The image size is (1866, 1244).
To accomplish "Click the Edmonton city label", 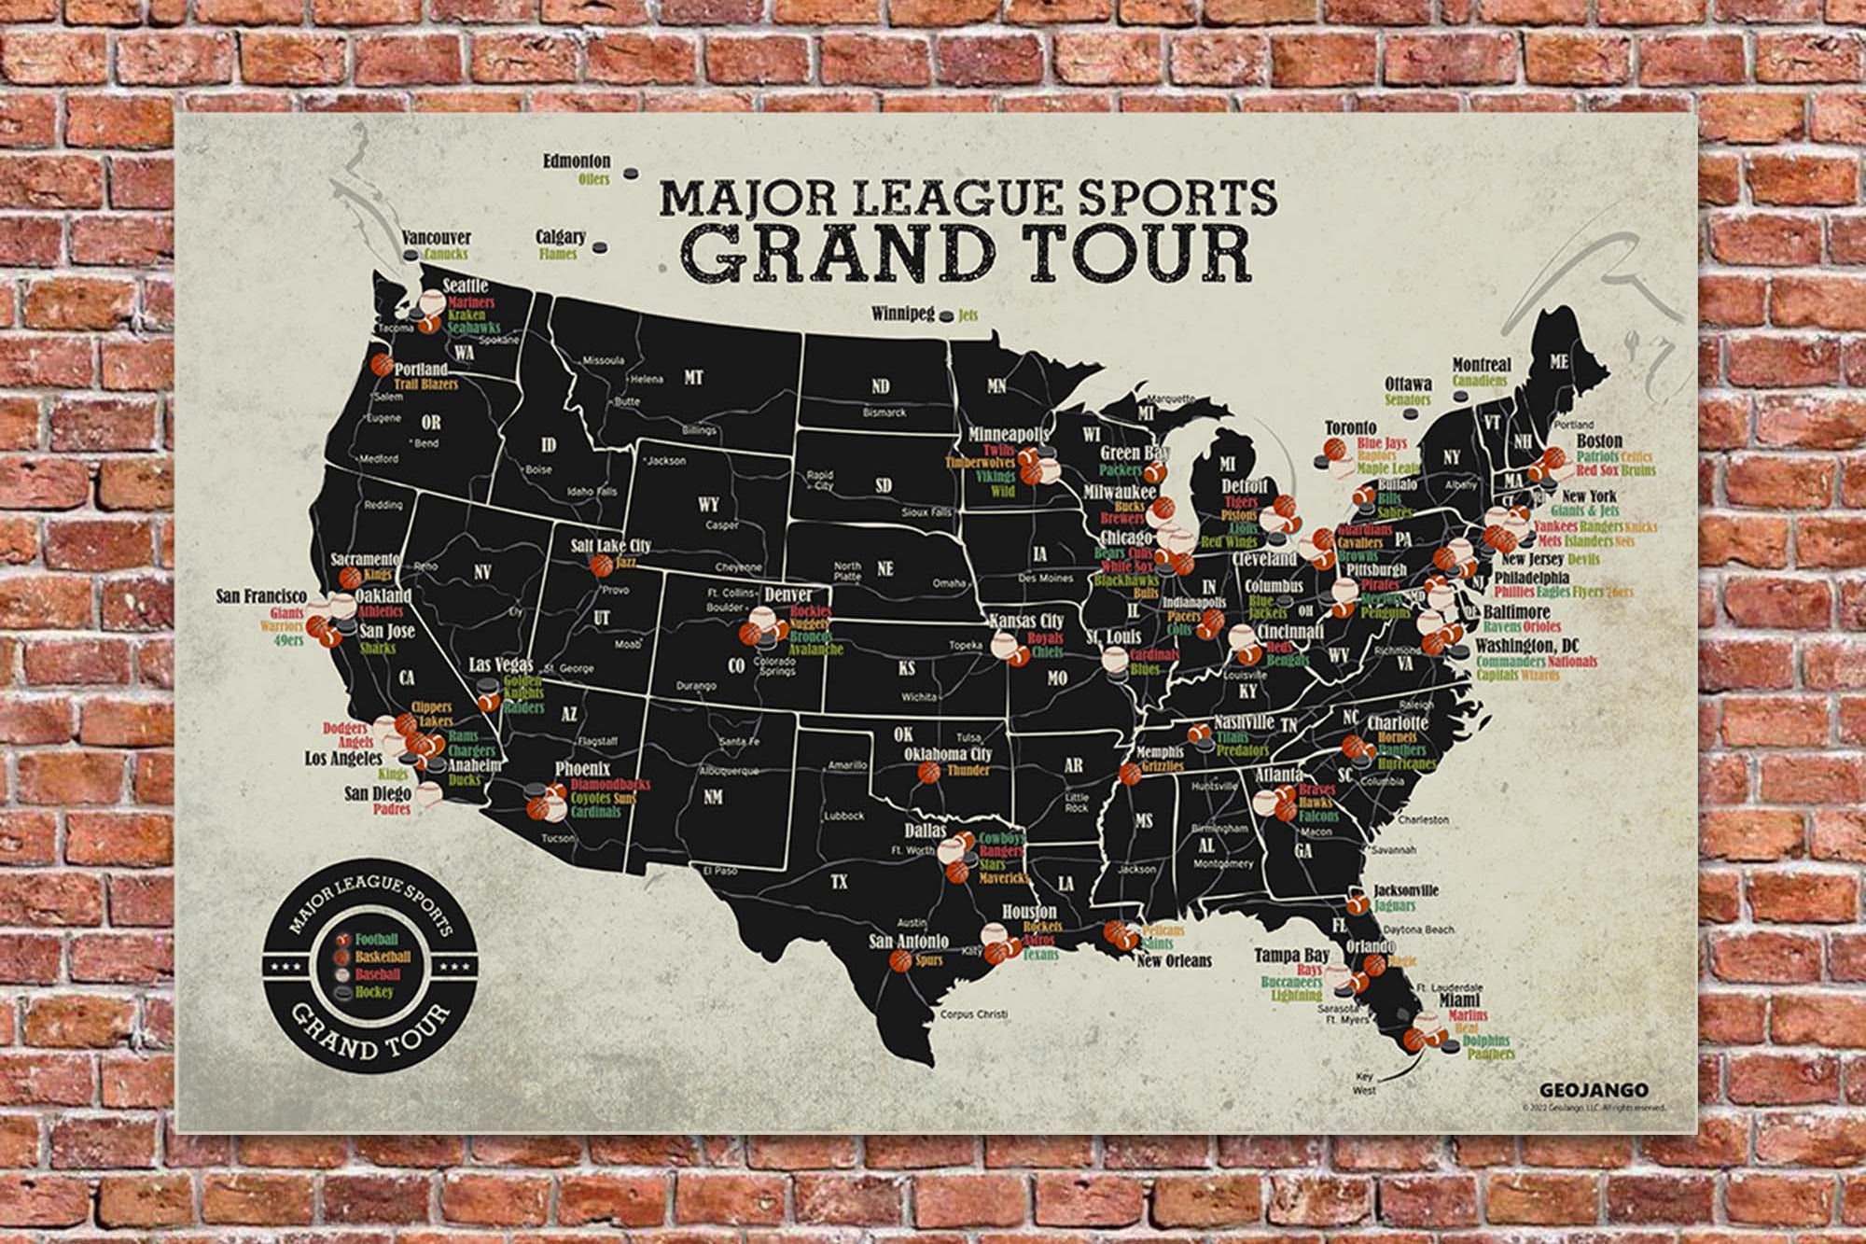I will (577, 161).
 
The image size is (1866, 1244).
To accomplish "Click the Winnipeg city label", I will (902, 314).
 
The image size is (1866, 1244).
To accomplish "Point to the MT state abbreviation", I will (692, 378).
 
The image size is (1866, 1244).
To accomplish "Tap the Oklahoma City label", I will (947, 754).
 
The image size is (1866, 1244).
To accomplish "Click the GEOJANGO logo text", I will (1594, 1090).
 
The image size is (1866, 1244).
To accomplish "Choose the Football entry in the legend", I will (376, 940).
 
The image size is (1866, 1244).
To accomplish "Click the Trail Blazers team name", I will (425, 384).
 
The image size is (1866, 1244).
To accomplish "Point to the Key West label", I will (1364, 1083).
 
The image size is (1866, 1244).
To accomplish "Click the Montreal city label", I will (1482, 365).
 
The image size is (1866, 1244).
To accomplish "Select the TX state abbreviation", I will (839, 881).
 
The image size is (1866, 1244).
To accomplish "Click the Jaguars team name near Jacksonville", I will (1394, 906).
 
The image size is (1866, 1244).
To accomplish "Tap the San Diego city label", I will (378, 794).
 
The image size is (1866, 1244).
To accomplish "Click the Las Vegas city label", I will (500, 664).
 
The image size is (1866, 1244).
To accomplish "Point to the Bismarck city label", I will (884, 412).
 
